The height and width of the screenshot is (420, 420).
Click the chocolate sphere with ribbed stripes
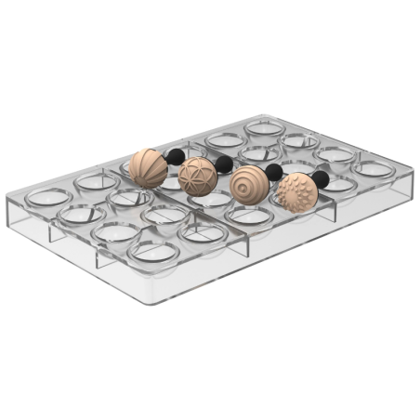(x=148, y=168)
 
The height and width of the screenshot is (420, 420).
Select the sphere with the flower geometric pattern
(x=197, y=176)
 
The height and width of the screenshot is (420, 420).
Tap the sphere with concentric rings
(x=248, y=184)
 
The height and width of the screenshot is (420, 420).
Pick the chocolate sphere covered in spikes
(x=297, y=192)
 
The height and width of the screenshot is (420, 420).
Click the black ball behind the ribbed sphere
(x=176, y=155)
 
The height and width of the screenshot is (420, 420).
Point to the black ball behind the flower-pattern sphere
(x=224, y=164)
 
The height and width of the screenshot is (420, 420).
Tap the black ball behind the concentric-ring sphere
(x=273, y=172)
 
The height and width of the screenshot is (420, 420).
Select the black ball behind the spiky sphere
(x=321, y=179)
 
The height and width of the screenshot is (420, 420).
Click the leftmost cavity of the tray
(x=44, y=197)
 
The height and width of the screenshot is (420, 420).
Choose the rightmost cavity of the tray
(x=374, y=170)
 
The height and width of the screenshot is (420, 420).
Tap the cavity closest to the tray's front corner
(x=153, y=251)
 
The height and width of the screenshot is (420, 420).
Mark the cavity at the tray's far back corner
(x=266, y=125)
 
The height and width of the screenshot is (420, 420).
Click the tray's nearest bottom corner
(x=148, y=302)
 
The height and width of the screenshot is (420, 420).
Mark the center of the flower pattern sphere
(x=196, y=176)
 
